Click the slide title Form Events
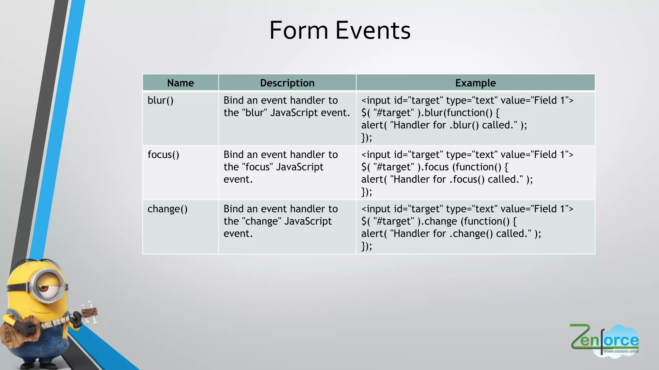point(340,31)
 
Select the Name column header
point(181,83)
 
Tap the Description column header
point(287,83)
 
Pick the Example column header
point(475,83)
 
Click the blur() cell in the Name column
point(161,101)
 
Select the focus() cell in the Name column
point(163,155)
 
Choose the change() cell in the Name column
point(167,209)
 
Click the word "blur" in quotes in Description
point(255,113)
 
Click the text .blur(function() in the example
point(459,113)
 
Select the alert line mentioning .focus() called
point(447,179)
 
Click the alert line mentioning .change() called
point(451,233)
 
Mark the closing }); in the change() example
point(367,246)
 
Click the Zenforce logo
point(604,340)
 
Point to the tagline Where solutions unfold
point(621,351)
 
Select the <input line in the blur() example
point(467,101)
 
